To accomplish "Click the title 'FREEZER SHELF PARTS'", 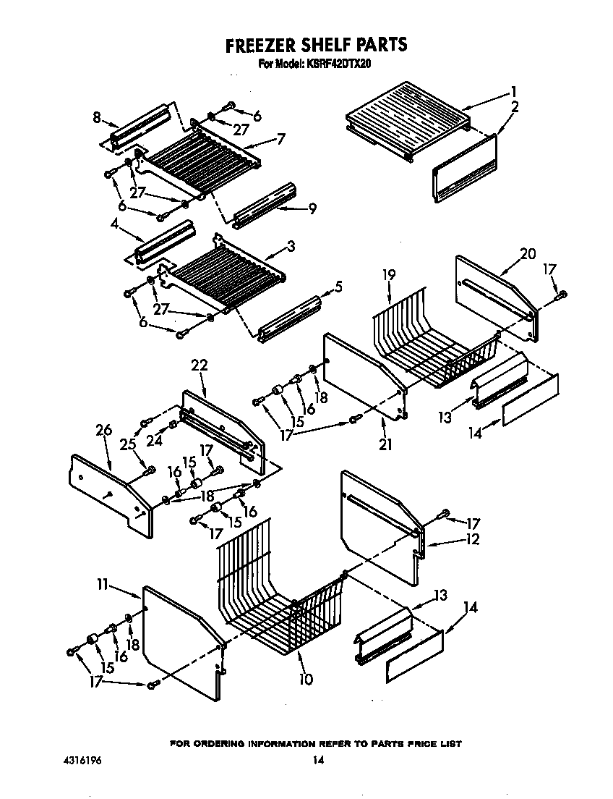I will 316,45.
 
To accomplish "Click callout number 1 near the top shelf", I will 513,92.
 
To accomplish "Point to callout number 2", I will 515,107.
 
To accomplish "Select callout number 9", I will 312,209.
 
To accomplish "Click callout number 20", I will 528,253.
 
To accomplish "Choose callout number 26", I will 104,430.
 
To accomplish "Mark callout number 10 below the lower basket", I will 306,679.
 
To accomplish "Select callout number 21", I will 385,444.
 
